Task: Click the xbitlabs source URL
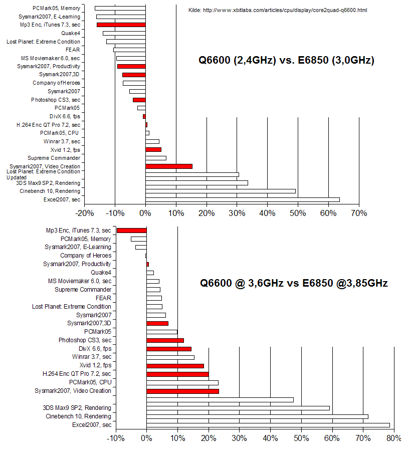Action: coord(285,11)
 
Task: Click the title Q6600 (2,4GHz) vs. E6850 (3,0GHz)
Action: coord(286,60)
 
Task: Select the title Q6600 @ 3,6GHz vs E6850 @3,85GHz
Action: coord(294,283)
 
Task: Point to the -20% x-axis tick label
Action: coord(85,213)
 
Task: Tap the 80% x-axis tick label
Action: coord(393,438)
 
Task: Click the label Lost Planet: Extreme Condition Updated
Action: coord(43,174)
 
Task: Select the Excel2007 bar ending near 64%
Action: coord(243,200)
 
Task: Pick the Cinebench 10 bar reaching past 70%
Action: coord(257,416)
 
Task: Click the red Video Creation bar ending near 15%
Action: coord(169,166)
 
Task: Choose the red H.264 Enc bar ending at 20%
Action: coord(177,374)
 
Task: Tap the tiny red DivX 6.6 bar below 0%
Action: coord(144,116)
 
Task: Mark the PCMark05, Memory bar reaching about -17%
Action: coord(120,9)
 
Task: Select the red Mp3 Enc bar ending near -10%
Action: coord(132,231)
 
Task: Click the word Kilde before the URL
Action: coord(194,11)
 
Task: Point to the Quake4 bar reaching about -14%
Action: coord(124,34)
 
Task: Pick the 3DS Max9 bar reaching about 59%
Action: coord(238,408)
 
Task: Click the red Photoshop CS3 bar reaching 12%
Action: coord(165,340)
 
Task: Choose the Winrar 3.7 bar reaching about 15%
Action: coord(170,357)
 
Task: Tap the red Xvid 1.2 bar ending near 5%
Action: coord(153,150)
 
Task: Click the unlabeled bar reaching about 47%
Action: coord(220,400)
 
